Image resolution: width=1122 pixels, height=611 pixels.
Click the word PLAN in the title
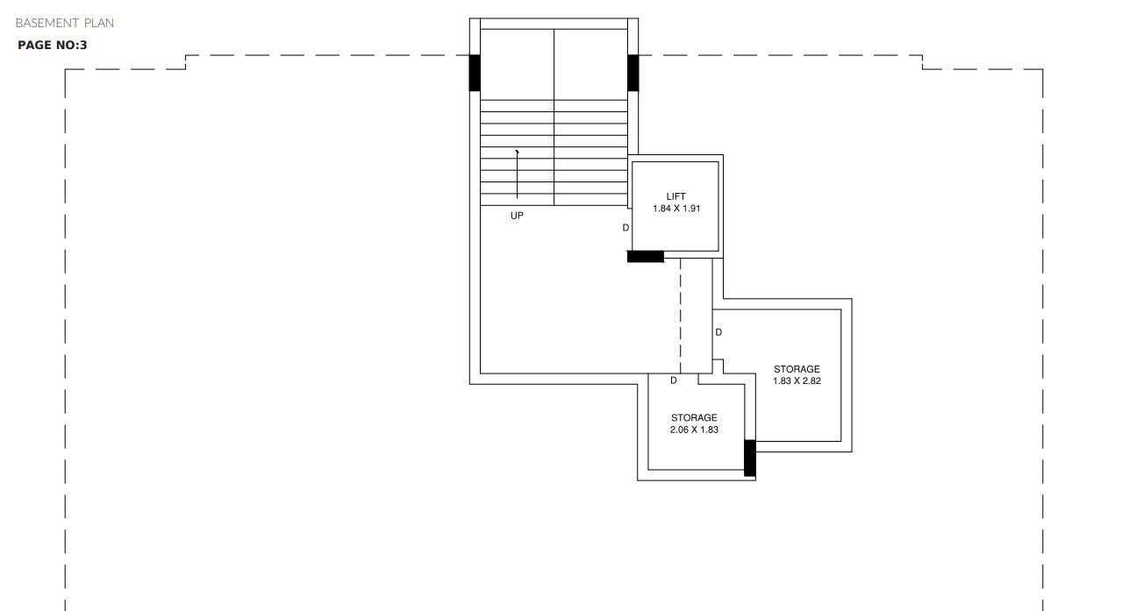(x=99, y=23)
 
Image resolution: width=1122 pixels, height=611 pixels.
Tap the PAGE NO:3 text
(x=53, y=45)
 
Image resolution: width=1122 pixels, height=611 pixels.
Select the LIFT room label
(x=675, y=196)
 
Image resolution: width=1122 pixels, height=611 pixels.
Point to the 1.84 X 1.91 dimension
(x=675, y=209)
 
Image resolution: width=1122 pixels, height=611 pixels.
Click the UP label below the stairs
(x=517, y=216)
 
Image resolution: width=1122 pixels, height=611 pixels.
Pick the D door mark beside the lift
(x=625, y=228)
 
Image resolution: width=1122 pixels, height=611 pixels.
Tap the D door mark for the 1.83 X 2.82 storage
(x=718, y=332)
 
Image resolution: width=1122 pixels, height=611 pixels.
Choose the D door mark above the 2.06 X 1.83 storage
(x=674, y=381)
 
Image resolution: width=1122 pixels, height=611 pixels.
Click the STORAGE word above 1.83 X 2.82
(x=797, y=369)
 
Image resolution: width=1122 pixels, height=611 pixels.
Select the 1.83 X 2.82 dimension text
(x=797, y=381)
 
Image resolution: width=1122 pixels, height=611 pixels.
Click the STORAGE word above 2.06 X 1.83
(x=694, y=417)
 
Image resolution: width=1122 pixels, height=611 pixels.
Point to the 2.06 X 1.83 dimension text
(x=694, y=430)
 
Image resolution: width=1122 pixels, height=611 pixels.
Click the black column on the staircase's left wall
(x=475, y=73)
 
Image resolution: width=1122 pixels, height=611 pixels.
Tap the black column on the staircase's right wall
(x=632, y=73)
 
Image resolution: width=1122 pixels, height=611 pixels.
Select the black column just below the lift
(x=646, y=256)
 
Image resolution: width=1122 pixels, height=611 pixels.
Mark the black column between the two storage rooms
(x=749, y=458)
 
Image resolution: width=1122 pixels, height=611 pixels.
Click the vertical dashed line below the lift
(x=681, y=316)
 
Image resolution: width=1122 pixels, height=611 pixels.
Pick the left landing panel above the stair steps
(x=517, y=64)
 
